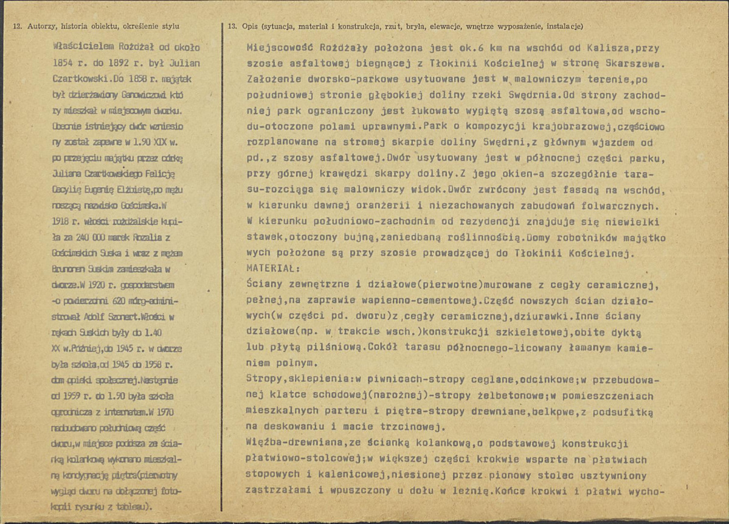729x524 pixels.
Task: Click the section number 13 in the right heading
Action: (x=232, y=26)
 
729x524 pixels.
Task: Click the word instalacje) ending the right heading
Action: (x=564, y=26)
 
